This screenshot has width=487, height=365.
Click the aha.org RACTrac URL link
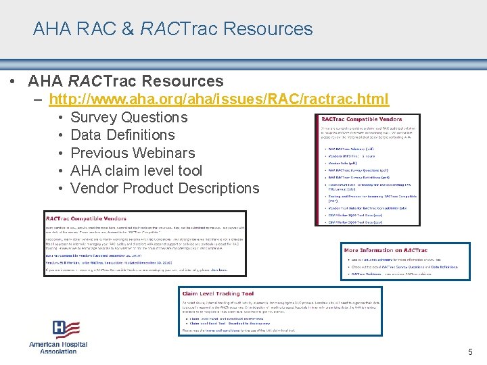tap(219, 99)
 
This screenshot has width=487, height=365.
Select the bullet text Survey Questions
tap(129, 118)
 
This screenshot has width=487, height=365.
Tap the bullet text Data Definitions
tap(122, 135)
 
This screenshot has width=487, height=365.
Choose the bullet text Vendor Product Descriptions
tap(164, 188)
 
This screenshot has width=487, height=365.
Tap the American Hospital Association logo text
tap(58, 347)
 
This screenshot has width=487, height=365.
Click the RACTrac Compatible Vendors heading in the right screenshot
tap(362, 119)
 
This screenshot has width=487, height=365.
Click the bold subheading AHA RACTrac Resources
tap(126, 81)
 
